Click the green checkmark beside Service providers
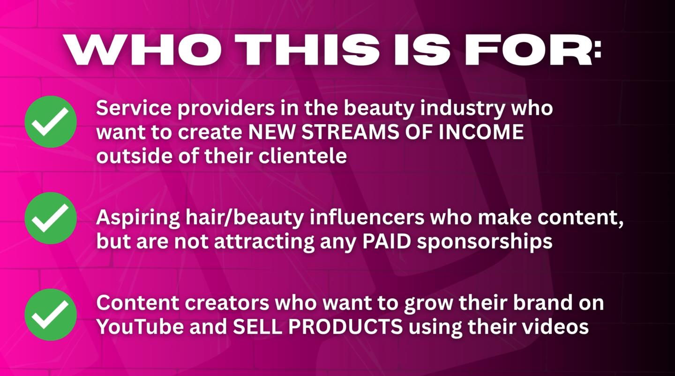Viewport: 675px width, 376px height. point(51,122)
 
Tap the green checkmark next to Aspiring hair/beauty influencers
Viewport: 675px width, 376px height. point(51,218)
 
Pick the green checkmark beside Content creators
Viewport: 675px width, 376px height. point(51,315)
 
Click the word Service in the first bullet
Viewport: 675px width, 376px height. point(134,108)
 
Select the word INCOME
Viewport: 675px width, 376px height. point(481,132)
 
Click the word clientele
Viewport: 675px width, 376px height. point(303,156)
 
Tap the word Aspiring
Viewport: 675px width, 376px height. point(138,218)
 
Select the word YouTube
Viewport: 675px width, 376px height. point(140,326)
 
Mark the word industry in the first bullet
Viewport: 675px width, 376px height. point(462,109)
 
